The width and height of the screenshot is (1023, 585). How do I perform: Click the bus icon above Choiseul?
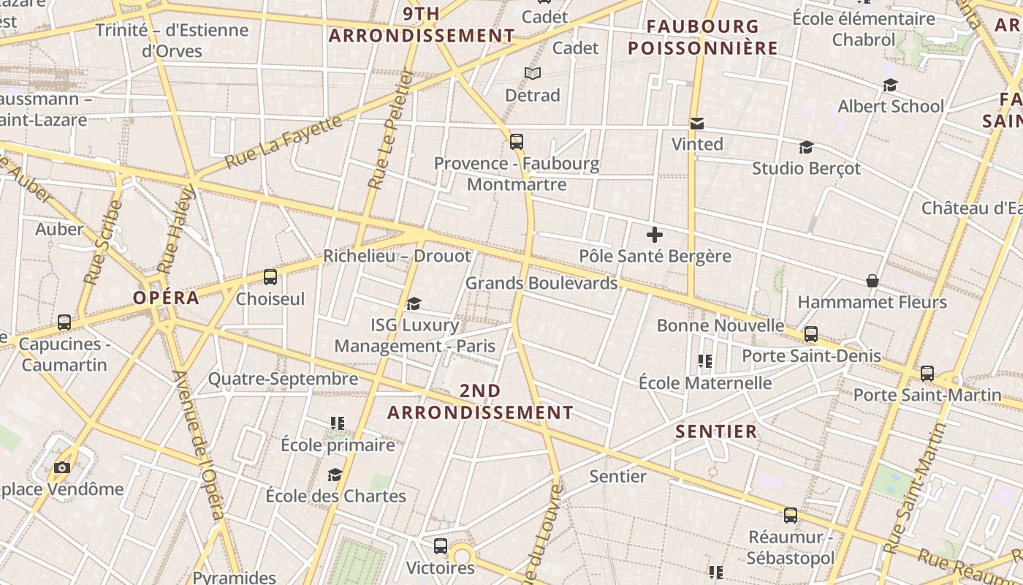[270, 277]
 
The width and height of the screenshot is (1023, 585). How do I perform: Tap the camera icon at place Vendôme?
[62, 467]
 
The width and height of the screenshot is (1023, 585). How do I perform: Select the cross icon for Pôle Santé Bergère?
[655, 235]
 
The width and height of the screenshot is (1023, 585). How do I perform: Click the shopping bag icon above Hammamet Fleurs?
[872, 281]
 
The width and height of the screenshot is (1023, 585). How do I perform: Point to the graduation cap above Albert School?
[890, 86]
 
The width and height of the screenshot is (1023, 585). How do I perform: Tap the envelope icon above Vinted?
[697, 124]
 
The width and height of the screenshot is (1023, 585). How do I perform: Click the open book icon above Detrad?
[533, 74]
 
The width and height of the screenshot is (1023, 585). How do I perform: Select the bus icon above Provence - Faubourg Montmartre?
[517, 142]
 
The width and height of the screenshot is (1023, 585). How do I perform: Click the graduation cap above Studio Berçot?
[806, 148]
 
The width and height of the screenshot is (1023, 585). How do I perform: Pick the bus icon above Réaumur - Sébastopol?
[791, 516]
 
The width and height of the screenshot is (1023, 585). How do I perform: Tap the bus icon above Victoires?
[441, 546]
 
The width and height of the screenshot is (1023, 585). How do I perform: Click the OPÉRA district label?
[166, 298]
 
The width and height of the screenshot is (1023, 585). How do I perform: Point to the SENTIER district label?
[716, 431]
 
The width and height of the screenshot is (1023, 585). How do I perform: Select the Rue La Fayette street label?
[284, 142]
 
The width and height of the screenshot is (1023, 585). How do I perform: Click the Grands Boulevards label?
[541, 283]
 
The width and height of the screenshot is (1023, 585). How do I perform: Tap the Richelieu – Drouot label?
[397, 256]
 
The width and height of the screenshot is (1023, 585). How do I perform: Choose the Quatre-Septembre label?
[283, 379]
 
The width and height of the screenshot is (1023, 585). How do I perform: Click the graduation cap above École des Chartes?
[335, 475]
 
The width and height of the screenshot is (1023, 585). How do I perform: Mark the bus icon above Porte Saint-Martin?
[927, 374]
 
